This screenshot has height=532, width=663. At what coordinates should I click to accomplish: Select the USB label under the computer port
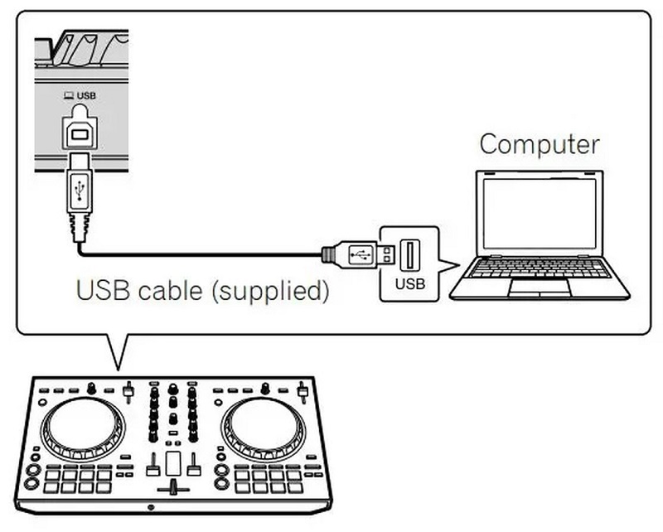409,283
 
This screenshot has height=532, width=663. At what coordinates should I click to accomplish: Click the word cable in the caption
167,292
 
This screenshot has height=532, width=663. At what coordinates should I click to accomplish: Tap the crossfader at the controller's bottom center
173,483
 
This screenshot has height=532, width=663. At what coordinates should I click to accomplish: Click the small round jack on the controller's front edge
150,506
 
